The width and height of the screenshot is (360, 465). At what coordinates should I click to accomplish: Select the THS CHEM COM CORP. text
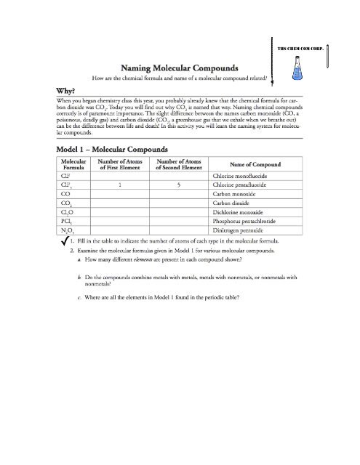(x=300, y=48)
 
